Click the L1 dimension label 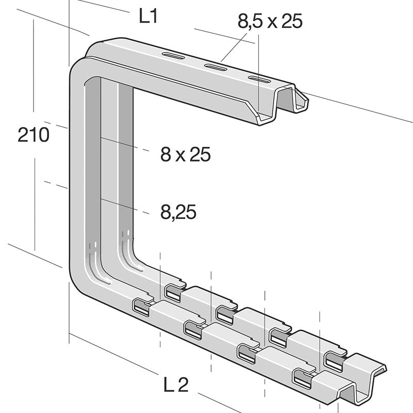[148, 17]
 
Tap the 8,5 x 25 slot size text [269, 21]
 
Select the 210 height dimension [34, 135]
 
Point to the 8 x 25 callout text [185, 154]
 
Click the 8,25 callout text [178, 212]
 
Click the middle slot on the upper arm [215, 67]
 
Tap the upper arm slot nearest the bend [172, 55]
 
